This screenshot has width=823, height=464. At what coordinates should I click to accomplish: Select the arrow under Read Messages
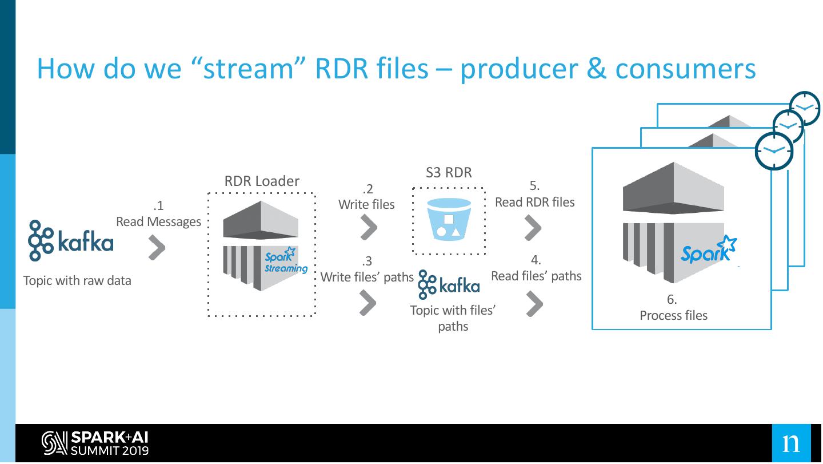pyautogui.click(x=157, y=248)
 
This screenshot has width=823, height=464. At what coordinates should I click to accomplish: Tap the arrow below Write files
pyautogui.click(x=369, y=228)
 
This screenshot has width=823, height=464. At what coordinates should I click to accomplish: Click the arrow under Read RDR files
pyautogui.click(x=533, y=228)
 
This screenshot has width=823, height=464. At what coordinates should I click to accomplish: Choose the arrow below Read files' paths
pyautogui.click(x=534, y=304)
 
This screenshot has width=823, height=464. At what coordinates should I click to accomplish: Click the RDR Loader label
pyautogui.click(x=262, y=181)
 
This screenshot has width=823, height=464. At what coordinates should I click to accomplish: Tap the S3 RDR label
pyautogui.click(x=449, y=172)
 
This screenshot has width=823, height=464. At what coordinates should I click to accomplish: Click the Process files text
pyautogui.click(x=673, y=315)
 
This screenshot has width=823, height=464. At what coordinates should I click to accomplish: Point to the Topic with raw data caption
pyautogui.click(x=77, y=280)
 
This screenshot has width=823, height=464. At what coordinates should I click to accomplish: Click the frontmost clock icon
pyautogui.click(x=774, y=151)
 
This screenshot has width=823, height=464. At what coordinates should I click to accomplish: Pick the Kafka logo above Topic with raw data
pyautogui.click(x=71, y=241)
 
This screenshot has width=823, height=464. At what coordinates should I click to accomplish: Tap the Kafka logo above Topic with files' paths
pyautogui.click(x=449, y=284)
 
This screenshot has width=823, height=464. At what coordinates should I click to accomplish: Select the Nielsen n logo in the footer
pyautogui.click(x=791, y=443)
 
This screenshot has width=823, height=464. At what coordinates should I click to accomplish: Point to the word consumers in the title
pyautogui.click(x=685, y=69)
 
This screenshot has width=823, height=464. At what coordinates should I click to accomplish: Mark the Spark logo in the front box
pyautogui.click(x=708, y=251)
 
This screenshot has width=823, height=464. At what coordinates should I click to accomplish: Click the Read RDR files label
pyautogui.click(x=534, y=202)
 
